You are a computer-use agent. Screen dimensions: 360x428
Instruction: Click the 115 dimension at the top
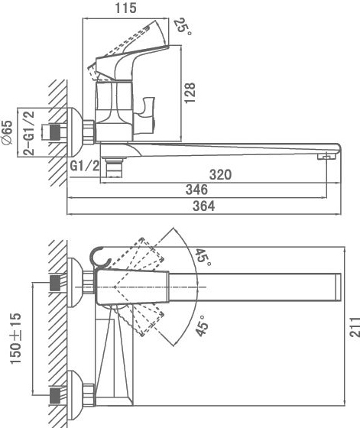[125, 8]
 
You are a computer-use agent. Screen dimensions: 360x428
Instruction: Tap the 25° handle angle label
[183, 26]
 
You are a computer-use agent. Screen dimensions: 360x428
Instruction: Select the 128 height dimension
[190, 92]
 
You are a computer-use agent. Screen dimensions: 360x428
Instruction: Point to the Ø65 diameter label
[7, 133]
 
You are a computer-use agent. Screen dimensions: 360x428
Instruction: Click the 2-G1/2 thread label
[28, 133]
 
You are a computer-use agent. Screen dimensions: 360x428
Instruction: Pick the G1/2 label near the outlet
[85, 165]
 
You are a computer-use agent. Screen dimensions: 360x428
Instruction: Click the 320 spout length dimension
[220, 174]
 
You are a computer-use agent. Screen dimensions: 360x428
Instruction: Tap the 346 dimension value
[196, 190]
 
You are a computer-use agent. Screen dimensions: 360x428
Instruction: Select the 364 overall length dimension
[203, 206]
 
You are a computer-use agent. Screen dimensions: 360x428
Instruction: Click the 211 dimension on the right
[355, 327]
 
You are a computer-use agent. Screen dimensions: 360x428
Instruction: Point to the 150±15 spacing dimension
[15, 339]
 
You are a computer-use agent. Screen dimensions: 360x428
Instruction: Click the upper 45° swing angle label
[203, 257]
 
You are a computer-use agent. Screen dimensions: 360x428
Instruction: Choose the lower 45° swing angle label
[202, 326]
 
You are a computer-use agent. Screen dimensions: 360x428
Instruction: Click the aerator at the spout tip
[326, 157]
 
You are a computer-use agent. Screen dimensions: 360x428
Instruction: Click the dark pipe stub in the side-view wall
[55, 132]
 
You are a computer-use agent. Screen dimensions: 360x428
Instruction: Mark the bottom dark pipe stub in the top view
[55, 395]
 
